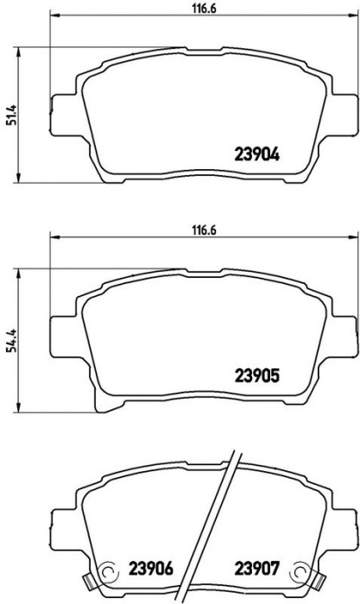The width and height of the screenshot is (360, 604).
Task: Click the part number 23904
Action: (256, 154)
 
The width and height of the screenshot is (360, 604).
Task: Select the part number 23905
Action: (256, 376)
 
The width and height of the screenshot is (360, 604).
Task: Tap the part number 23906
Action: (151, 568)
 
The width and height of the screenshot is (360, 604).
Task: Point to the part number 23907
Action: (256, 568)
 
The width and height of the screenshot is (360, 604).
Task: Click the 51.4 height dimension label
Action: (12, 115)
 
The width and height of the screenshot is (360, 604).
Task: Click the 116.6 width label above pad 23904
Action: (204, 9)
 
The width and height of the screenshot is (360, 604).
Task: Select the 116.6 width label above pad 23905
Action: (204, 230)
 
